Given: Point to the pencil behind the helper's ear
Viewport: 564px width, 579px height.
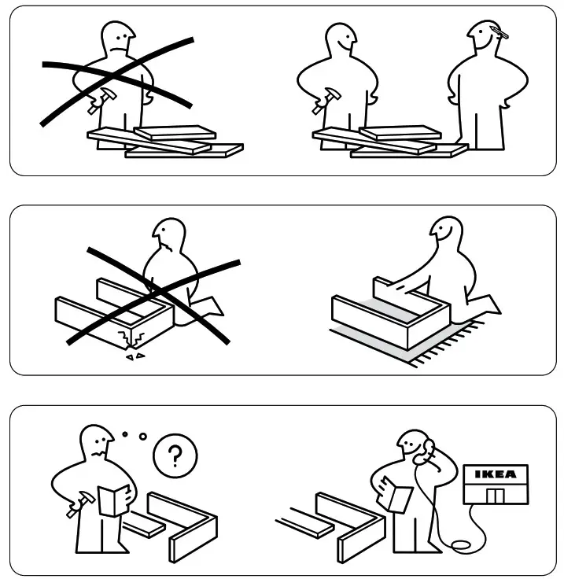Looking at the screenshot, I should [x=497, y=32].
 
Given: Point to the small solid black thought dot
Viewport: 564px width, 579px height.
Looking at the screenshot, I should [x=124, y=433].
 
